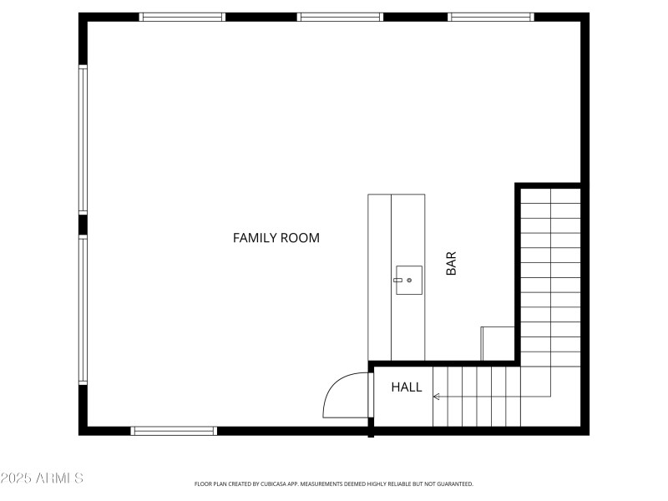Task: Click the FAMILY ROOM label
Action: point(276,238)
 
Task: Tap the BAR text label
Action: point(451,265)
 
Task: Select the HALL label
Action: point(407,387)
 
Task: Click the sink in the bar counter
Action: point(408,280)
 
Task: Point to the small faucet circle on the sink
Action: point(409,281)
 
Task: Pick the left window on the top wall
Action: point(182,17)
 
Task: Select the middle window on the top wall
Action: point(340,17)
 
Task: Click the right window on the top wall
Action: point(491,17)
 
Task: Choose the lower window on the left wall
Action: point(83,309)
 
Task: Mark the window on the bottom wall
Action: point(174,431)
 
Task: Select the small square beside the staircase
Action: point(498,343)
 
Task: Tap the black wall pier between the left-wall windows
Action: point(83,225)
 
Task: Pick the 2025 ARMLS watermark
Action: point(42,478)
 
